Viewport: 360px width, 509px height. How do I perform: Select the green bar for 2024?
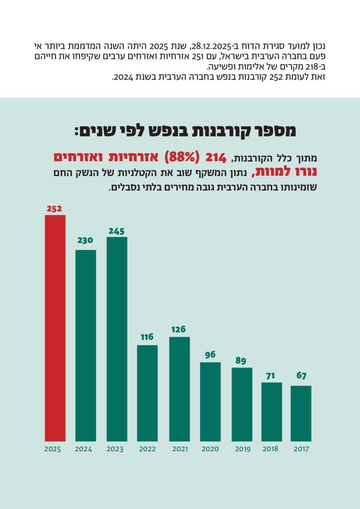tap(86, 345)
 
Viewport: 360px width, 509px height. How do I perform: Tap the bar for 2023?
tap(117, 339)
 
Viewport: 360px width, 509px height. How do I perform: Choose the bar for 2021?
tap(179, 389)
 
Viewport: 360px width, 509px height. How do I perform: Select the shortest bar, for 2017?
tap(301, 413)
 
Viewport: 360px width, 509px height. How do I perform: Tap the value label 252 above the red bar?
tap(55, 209)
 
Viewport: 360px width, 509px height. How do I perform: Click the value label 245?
tap(117, 231)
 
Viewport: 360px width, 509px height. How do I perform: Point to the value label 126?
tap(179, 330)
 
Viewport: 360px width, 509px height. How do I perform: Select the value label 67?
tap(301, 375)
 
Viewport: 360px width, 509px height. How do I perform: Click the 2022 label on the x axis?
tap(148, 449)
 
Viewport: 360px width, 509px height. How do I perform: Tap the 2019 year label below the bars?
tap(243, 449)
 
